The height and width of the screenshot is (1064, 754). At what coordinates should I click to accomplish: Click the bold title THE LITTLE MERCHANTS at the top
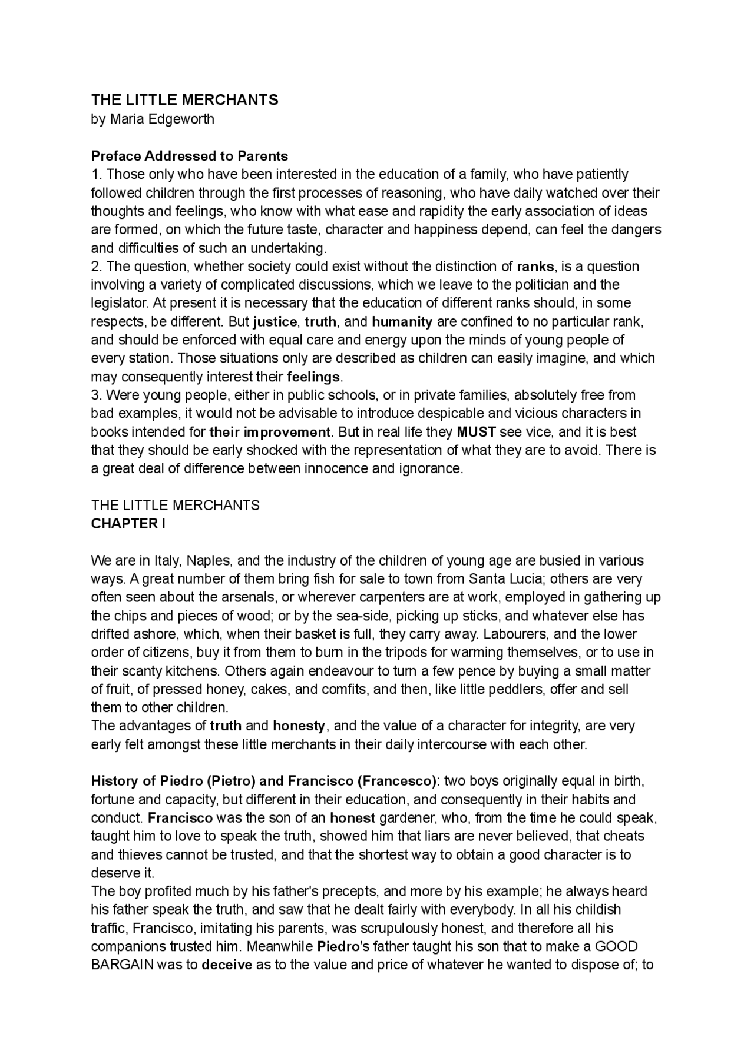[184, 100]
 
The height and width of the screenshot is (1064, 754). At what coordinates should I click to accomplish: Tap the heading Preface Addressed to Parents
[190, 156]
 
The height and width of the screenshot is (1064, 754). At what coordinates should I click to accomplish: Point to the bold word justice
[275, 322]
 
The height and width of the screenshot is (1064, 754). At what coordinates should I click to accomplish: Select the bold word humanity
[402, 322]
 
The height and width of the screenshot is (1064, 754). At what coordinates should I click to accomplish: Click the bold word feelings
[313, 377]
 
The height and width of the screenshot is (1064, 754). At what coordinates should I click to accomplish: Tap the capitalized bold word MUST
[477, 432]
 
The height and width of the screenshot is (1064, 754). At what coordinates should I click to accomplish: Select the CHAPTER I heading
[128, 524]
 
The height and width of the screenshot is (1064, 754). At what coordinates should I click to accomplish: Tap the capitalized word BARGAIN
[123, 965]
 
